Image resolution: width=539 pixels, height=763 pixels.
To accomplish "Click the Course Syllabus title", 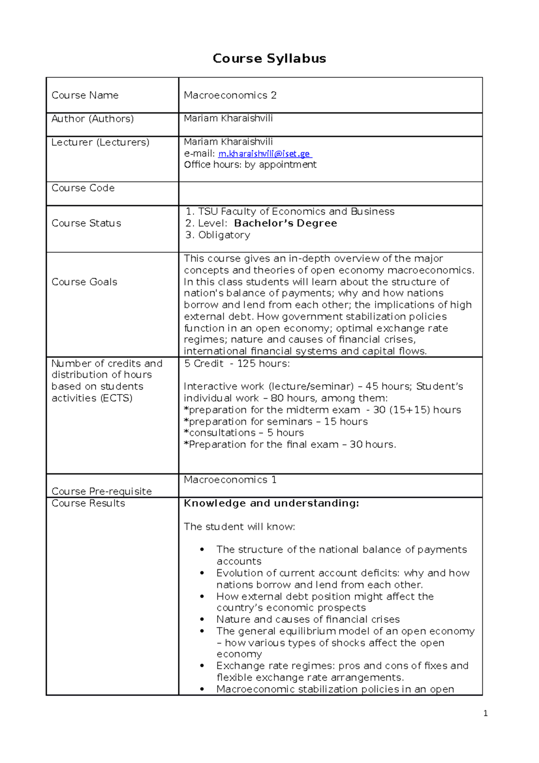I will click(x=269, y=58).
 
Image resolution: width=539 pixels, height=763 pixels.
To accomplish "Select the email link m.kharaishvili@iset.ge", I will click(x=264, y=154).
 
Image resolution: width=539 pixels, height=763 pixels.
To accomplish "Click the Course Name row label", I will click(x=85, y=95).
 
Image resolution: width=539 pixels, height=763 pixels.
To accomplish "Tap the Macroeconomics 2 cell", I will click(x=230, y=95).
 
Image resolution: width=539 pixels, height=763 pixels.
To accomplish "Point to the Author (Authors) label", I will click(x=93, y=119).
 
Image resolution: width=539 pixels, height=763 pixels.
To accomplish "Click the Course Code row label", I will click(x=83, y=188).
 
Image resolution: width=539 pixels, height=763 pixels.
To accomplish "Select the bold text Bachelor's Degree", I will click(x=285, y=223).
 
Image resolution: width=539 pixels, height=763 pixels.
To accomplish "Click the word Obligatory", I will click(x=224, y=235).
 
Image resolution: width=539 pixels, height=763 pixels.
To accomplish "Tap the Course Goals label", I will click(x=84, y=282).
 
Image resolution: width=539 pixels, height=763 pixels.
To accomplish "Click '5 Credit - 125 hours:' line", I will click(x=237, y=364).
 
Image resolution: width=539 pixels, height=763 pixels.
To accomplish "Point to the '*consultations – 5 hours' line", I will click(x=244, y=433).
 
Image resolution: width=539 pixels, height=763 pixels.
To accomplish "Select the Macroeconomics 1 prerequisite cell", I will click(x=230, y=479).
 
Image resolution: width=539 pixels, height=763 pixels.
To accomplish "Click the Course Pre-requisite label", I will click(x=102, y=491).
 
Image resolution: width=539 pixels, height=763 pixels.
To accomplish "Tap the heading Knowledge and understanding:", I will click(x=271, y=503).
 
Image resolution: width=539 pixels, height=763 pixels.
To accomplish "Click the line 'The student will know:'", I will click(x=239, y=527).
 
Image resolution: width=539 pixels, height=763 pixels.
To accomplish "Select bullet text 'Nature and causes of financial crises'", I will click(x=308, y=619).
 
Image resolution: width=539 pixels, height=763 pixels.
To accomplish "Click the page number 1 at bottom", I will click(x=485, y=714).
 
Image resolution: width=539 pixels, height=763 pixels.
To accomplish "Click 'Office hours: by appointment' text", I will click(x=250, y=165).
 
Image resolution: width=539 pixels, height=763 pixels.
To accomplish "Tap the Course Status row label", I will click(x=86, y=223).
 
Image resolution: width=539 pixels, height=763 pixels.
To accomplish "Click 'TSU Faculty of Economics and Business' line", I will click(x=296, y=212).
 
